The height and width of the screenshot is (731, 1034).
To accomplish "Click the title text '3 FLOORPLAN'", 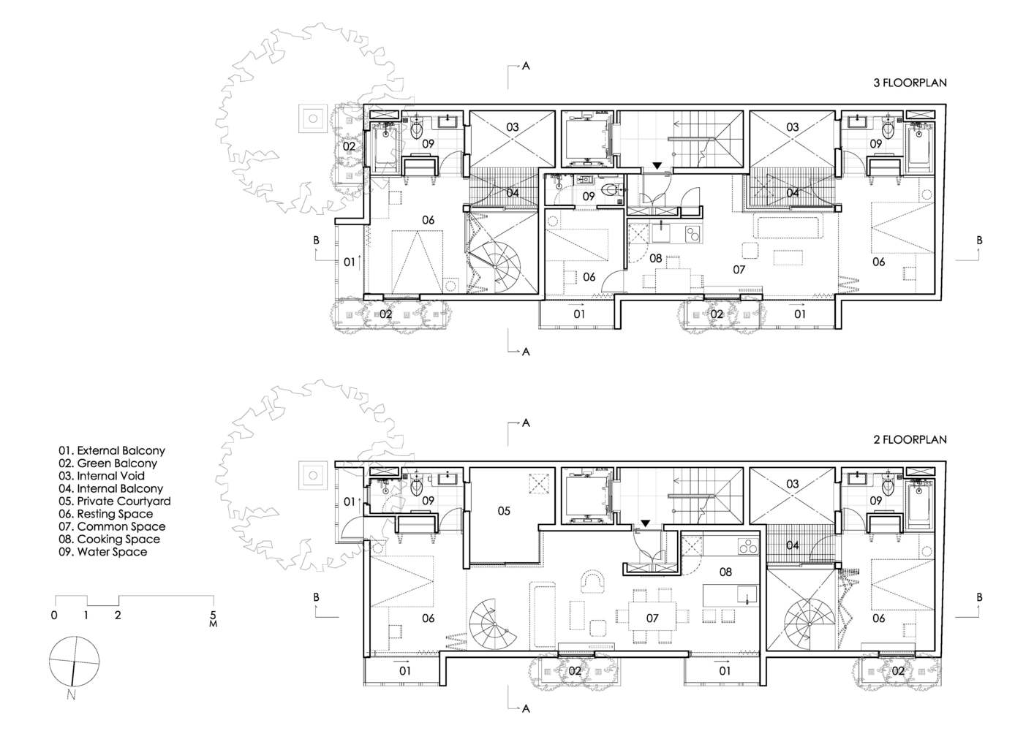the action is point(910,83).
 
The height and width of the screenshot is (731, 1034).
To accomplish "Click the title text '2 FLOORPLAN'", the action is point(910,440).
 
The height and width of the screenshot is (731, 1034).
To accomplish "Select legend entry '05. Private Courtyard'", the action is point(115,501).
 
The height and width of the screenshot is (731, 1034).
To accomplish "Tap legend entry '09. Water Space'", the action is point(102,552).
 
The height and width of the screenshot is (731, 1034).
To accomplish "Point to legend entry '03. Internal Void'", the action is point(102,476).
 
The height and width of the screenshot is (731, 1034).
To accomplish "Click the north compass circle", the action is point(74,661).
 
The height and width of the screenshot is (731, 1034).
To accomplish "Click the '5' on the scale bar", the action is point(213,615).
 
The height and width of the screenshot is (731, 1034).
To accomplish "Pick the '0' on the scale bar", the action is point(54,616).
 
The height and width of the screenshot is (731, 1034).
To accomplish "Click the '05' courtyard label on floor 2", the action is point(504,511).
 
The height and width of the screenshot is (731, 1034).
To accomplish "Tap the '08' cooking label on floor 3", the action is point(655,259).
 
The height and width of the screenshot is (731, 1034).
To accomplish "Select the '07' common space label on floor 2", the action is point(652,618).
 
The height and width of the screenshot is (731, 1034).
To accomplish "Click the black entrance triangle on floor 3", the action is point(657,166).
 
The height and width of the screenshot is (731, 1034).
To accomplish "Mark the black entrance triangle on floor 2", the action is point(645,523).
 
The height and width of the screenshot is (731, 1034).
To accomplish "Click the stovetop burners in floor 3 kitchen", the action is point(693,232).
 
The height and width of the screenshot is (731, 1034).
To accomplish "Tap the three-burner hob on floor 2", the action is point(749,545).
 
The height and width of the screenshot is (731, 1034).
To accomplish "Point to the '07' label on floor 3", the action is point(739,270).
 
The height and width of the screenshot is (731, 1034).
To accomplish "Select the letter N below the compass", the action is point(71,694).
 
